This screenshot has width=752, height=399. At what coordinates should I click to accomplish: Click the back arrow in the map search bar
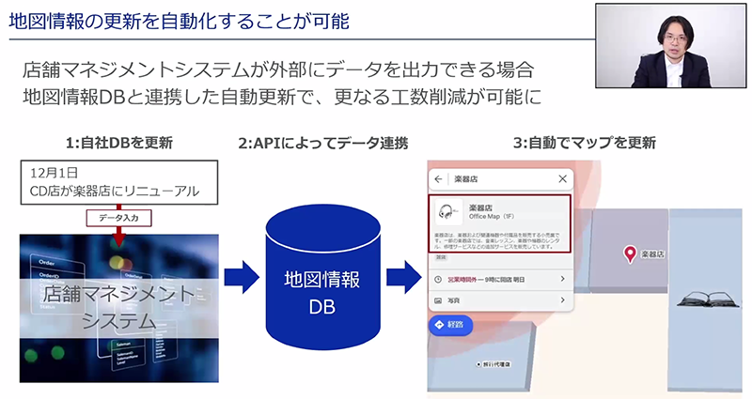[439, 178]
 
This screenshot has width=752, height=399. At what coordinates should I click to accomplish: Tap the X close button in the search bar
[562, 178]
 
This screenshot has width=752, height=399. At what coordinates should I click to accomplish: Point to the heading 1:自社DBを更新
[119, 144]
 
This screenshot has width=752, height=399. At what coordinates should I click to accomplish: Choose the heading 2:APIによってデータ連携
[309, 144]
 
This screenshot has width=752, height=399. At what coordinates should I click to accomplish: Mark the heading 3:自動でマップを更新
[584, 144]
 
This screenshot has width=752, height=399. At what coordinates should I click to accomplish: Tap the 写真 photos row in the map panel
[498, 300]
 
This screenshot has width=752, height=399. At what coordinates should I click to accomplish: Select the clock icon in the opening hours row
[438, 279]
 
